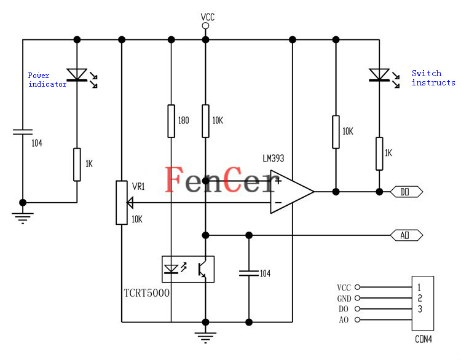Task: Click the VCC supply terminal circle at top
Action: point(205,26)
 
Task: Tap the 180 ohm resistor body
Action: point(171,121)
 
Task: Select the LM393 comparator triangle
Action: point(292,192)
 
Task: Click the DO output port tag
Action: point(406,192)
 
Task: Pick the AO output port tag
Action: point(406,235)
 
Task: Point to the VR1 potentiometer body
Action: point(122,203)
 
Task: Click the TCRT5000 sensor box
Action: point(188,269)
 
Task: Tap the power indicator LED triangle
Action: point(77,75)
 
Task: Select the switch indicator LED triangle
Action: point(379,75)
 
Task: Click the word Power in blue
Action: point(39,75)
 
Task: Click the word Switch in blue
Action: point(427,73)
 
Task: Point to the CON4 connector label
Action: point(424,339)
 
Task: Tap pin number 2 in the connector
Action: point(420,298)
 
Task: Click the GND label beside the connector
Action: point(344,299)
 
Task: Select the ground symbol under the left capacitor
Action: point(23,218)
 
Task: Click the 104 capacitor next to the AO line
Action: point(249,273)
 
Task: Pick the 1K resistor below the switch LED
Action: point(379,154)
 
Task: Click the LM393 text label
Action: point(274,158)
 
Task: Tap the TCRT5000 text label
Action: point(147,292)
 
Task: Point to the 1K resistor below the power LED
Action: point(77,165)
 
